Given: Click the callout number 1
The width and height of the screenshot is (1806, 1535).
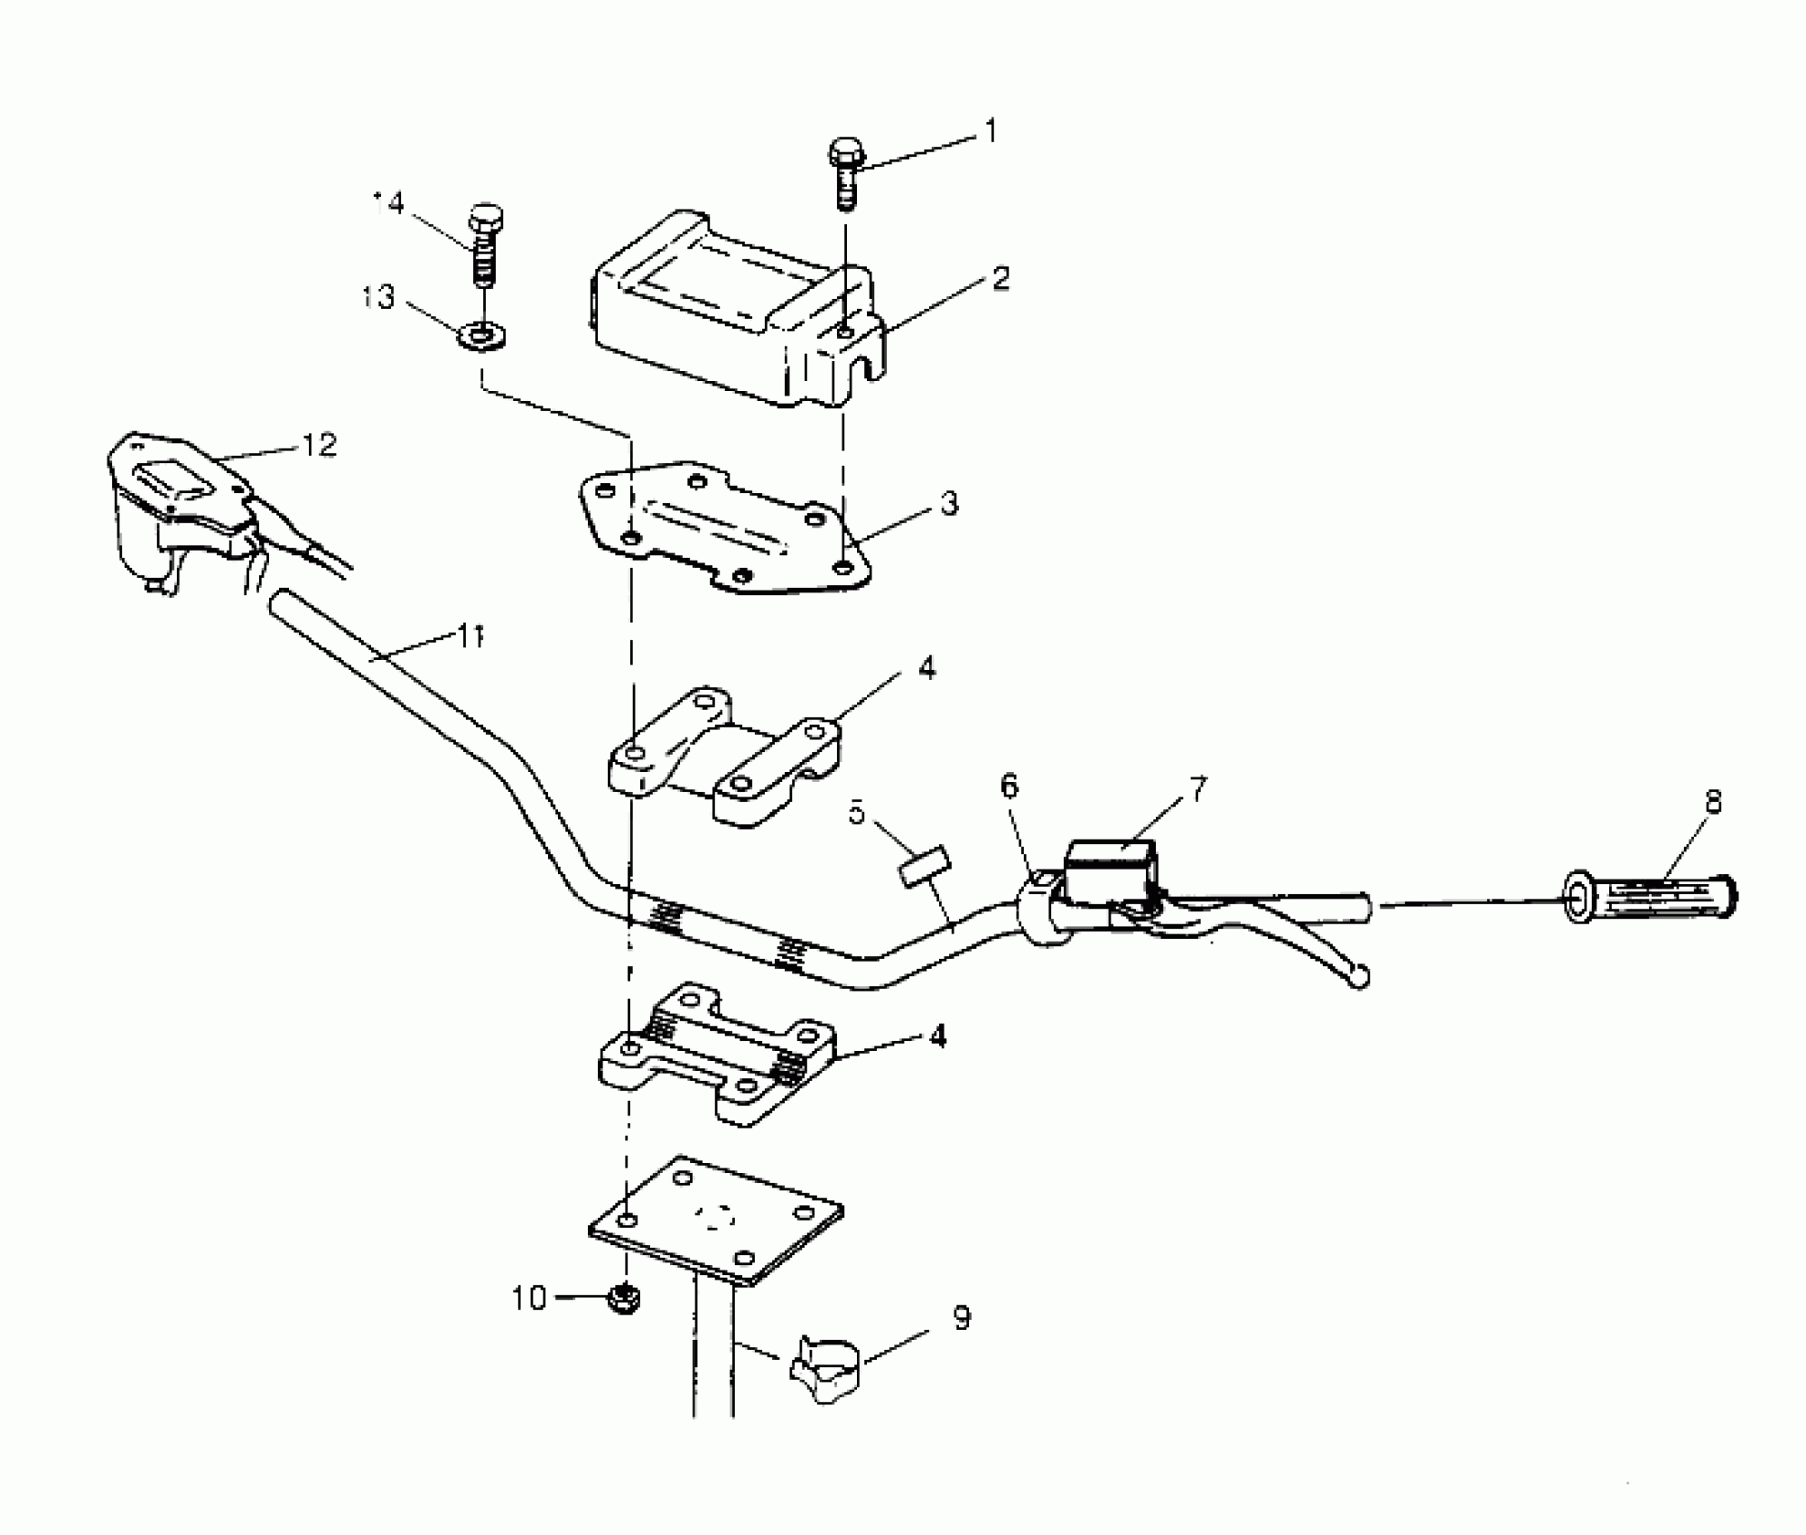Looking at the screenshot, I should (x=991, y=133).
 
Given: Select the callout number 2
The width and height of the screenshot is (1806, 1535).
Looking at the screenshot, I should (x=1000, y=278).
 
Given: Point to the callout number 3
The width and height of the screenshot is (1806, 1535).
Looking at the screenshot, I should (x=948, y=503).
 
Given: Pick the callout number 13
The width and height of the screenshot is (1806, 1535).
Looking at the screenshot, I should (x=379, y=296).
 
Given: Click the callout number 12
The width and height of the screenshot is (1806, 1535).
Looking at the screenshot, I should (x=318, y=444).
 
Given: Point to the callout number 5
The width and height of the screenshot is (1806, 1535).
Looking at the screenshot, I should (x=856, y=812).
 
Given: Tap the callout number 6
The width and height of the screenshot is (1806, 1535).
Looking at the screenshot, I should (x=1009, y=786).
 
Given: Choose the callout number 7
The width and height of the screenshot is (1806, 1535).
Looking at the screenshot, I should (x=1196, y=790).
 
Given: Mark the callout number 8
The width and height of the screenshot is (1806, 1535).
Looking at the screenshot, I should (x=1713, y=801).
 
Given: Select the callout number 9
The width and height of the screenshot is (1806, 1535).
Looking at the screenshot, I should (x=962, y=1318).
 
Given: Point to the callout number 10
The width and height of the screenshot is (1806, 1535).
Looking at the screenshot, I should (x=529, y=1298).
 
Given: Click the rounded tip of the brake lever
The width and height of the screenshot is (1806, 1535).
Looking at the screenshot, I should (x=1358, y=978).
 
